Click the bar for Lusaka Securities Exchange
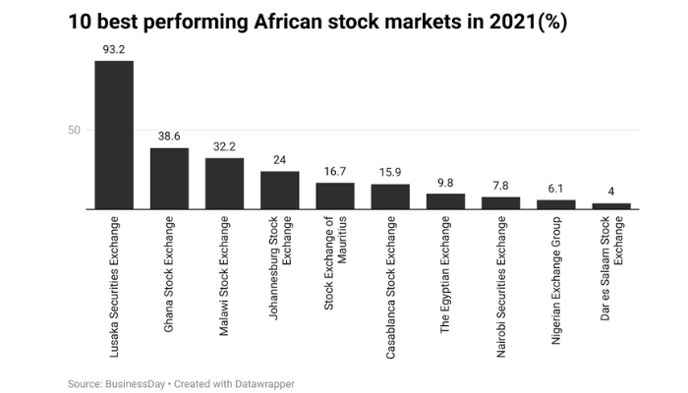114,135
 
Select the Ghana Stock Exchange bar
169,178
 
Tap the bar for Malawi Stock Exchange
224,183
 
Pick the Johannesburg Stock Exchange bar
279,190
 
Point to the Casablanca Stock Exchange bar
390,196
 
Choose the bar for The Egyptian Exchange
445,201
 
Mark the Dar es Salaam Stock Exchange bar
611,206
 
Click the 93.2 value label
114,47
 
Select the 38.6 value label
169,135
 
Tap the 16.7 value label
335,170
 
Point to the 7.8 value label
500,185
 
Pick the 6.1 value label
556,188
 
